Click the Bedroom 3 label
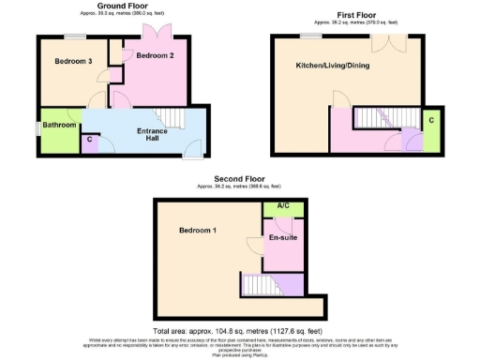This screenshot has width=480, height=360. click(x=71, y=61)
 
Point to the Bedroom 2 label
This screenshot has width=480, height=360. click(x=155, y=56)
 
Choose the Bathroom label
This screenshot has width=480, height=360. click(x=58, y=125)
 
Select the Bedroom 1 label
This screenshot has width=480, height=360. click(x=198, y=231)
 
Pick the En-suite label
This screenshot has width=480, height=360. click(x=283, y=238)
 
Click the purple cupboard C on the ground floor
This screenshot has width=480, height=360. click(x=89, y=141)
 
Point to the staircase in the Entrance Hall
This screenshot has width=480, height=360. click(x=168, y=116)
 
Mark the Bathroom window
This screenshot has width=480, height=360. click(x=37, y=127)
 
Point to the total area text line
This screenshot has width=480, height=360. click(x=240, y=332)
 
